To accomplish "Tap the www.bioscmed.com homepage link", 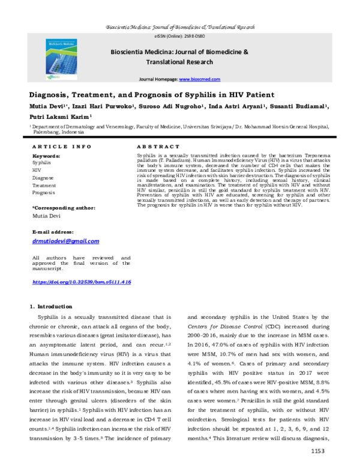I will coord(200,79).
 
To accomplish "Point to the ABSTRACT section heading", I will coord(158,147).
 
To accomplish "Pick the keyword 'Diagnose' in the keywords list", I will coord(43,178).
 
